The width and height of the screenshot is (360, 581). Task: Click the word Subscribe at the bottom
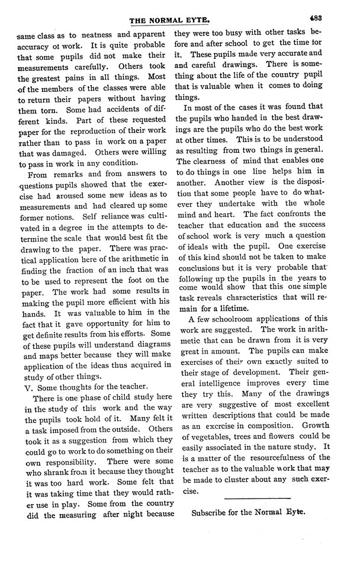211,512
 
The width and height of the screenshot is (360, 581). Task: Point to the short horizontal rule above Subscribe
258,497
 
